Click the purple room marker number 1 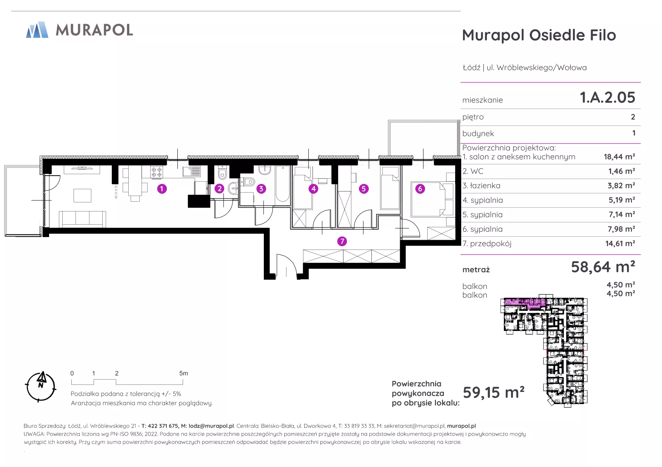pyautogui.click(x=162, y=189)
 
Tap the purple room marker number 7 pyautogui.click(x=342, y=241)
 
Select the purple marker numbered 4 pyautogui.click(x=313, y=189)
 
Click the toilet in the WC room pyautogui.click(x=222, y=174)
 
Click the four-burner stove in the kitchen pyautogui.click(x=157, y=172)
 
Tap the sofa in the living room pyautogui.click(x=82, y=219)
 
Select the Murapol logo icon pyautogui.click(x=37, y=30)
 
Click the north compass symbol pyautogui.click(x=41, y=386)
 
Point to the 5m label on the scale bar pyautogui.click(x=183, y=373)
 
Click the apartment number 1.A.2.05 pyautogui.click(x=607, y=98)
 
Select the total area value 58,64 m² pyautogui.click(x=603, y=267)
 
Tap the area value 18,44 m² pyautogui.click(x=619, y=157)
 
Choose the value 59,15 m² pyautogui.click(x=493, y=392)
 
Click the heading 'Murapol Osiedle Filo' pyautogui.click(x=539, y=35)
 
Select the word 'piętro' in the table pyautogui.click(x=473, y=117)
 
